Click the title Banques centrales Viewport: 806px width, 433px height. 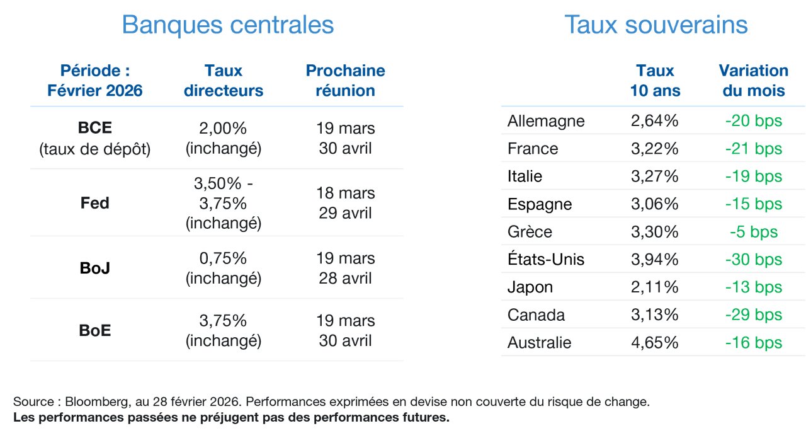click(x=228, y=25)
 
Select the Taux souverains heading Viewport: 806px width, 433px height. click(x=656, y=25)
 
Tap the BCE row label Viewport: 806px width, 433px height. click(x=95, y=128)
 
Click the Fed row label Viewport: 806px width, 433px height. click(x=95, y=203)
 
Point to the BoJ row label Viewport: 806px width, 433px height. click(x=95, y=268)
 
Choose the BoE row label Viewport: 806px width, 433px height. click(x=95, y=330)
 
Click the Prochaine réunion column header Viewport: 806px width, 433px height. click(x=346, y=80)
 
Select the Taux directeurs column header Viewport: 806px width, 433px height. click(x=224, y=80)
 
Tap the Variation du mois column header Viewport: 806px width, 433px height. click(x=754, y=80)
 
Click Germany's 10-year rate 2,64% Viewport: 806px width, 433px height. click(x=654, y=120)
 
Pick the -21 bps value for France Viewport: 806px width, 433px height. click(x=754, y=148)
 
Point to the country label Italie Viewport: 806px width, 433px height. click(x=525, y=176)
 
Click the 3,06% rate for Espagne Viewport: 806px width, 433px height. click(x=654, y=204)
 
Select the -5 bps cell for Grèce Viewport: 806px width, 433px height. click(x=754, y=232)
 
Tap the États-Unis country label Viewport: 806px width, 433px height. click(x=546, y=259)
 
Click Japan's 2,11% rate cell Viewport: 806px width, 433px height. click(x=654, y=287)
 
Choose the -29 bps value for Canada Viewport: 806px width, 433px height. click(x=754, y=315)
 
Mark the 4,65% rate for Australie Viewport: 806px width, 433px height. click(x=654, y=343)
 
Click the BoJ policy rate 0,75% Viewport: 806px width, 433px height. click(x=223, y=258)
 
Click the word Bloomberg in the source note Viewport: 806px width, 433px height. click(x=96, y=401)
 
